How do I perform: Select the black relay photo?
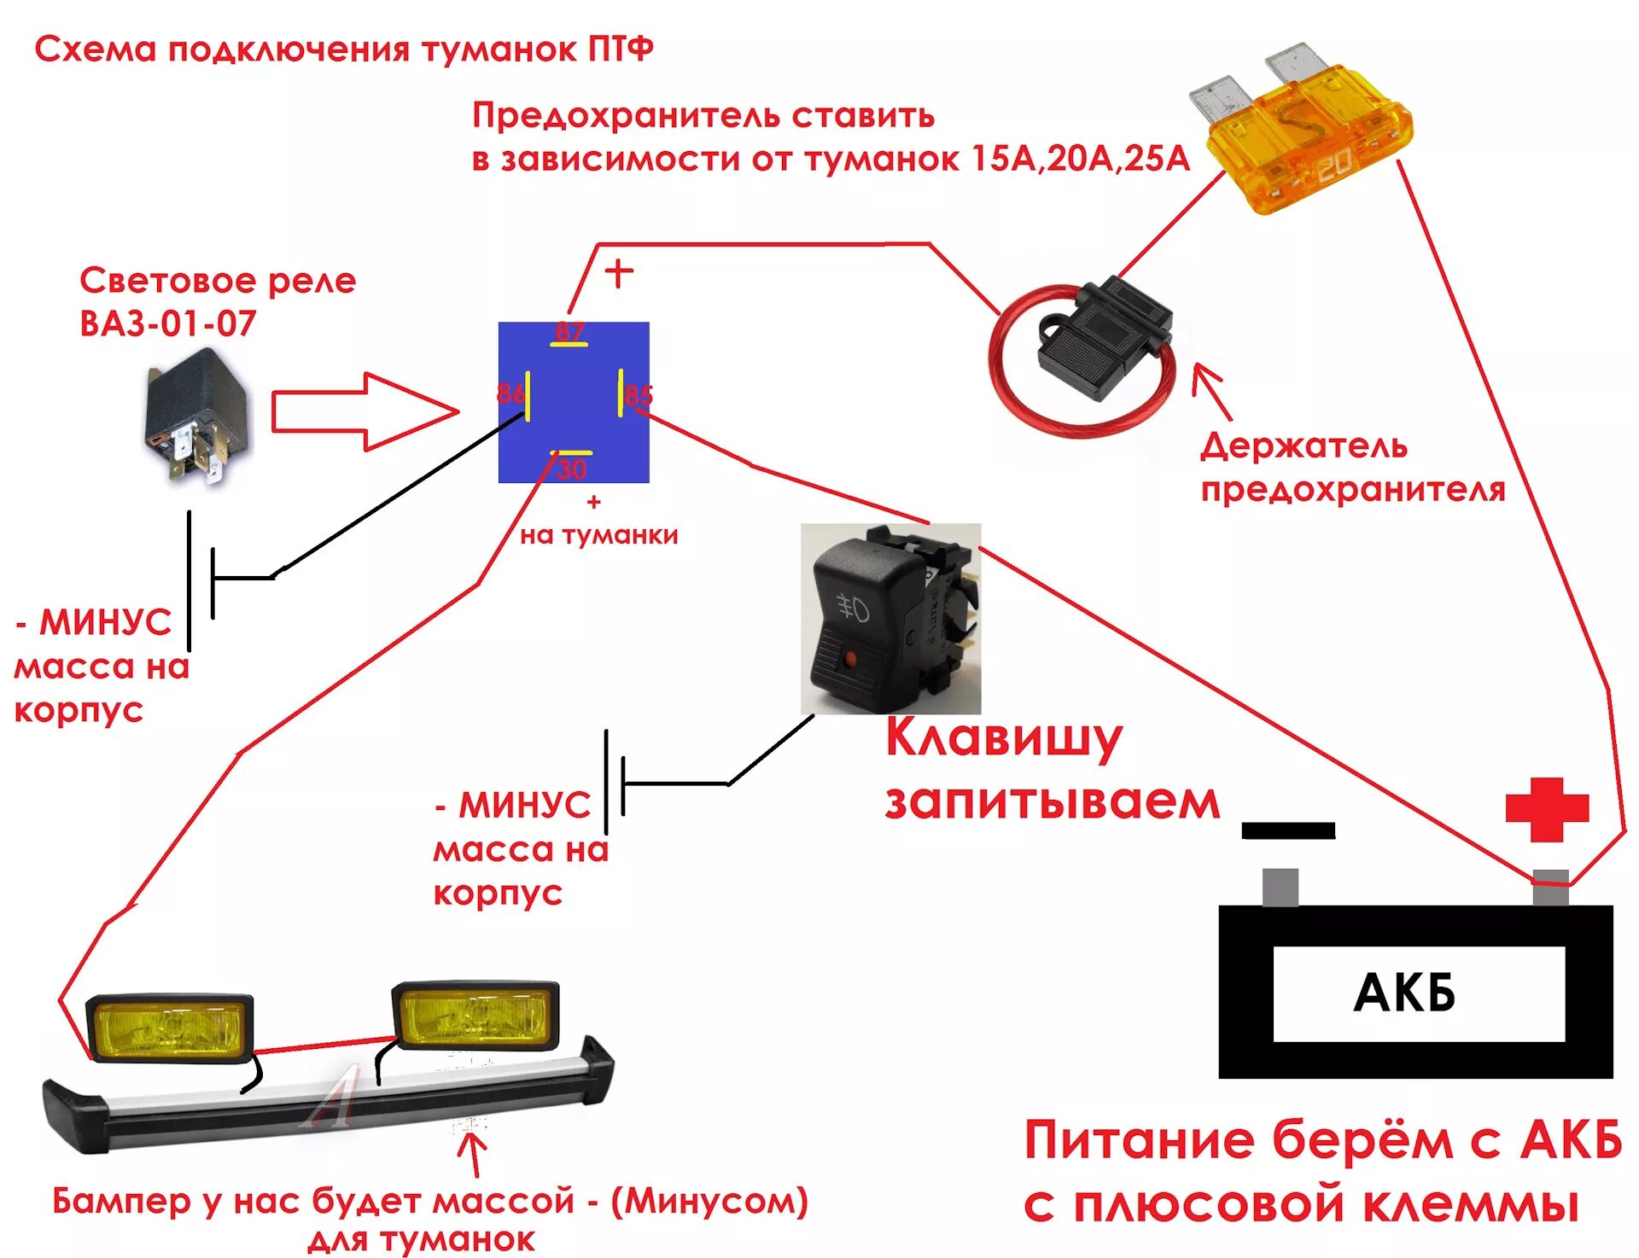point(196,422)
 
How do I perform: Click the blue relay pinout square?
point(574,402)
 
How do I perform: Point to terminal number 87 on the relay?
point(569,332)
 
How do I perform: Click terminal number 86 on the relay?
point(511,393)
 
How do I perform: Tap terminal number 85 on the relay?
point(637,394)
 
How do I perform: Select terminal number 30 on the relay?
point(571,467)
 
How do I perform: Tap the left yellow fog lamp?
point(171,1028)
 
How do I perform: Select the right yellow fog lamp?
point(475,1016)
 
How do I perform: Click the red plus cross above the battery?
point(1546,807)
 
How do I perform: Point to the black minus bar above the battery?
point(1287,830)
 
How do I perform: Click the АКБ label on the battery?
point(1404,993)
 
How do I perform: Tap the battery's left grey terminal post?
point(1280,887)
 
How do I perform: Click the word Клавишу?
point(1003,738)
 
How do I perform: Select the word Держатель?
point(1303,446)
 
